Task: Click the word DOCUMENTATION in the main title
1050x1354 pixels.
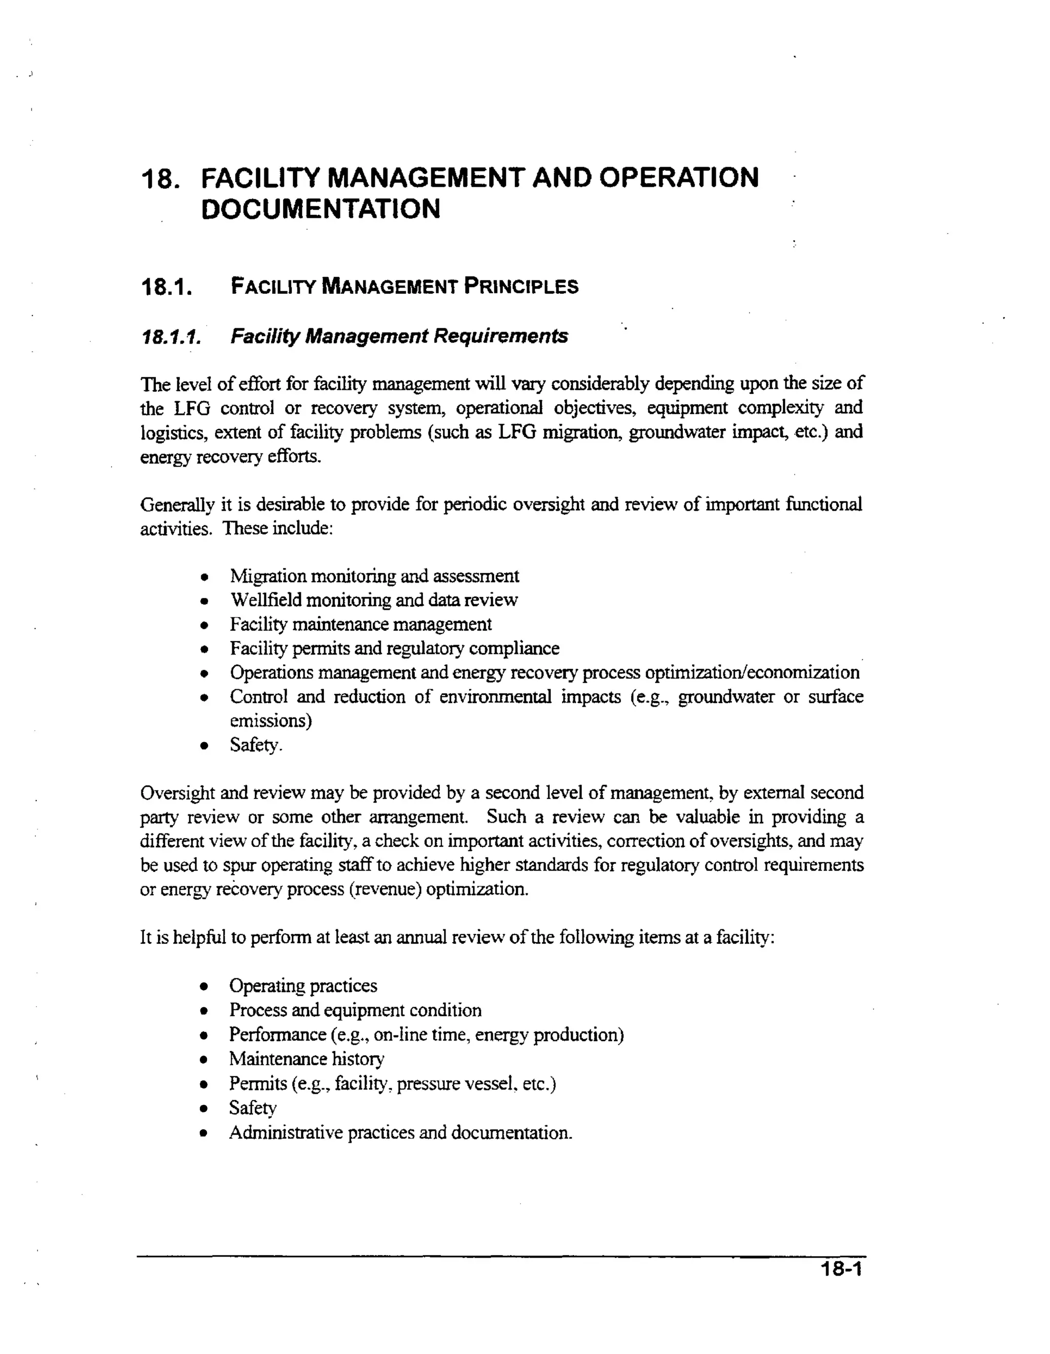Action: [x=320, y=209]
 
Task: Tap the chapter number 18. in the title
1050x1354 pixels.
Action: [x=160, y=179]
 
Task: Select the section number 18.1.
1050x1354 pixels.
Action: [x=164, y=287]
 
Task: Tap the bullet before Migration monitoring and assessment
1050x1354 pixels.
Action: [x=205, y=577]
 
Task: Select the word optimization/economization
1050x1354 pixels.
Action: [x=752, y=673]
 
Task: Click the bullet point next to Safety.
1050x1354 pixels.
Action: [x=205, y=746]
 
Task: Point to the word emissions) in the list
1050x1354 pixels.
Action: [x=270, y=721]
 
